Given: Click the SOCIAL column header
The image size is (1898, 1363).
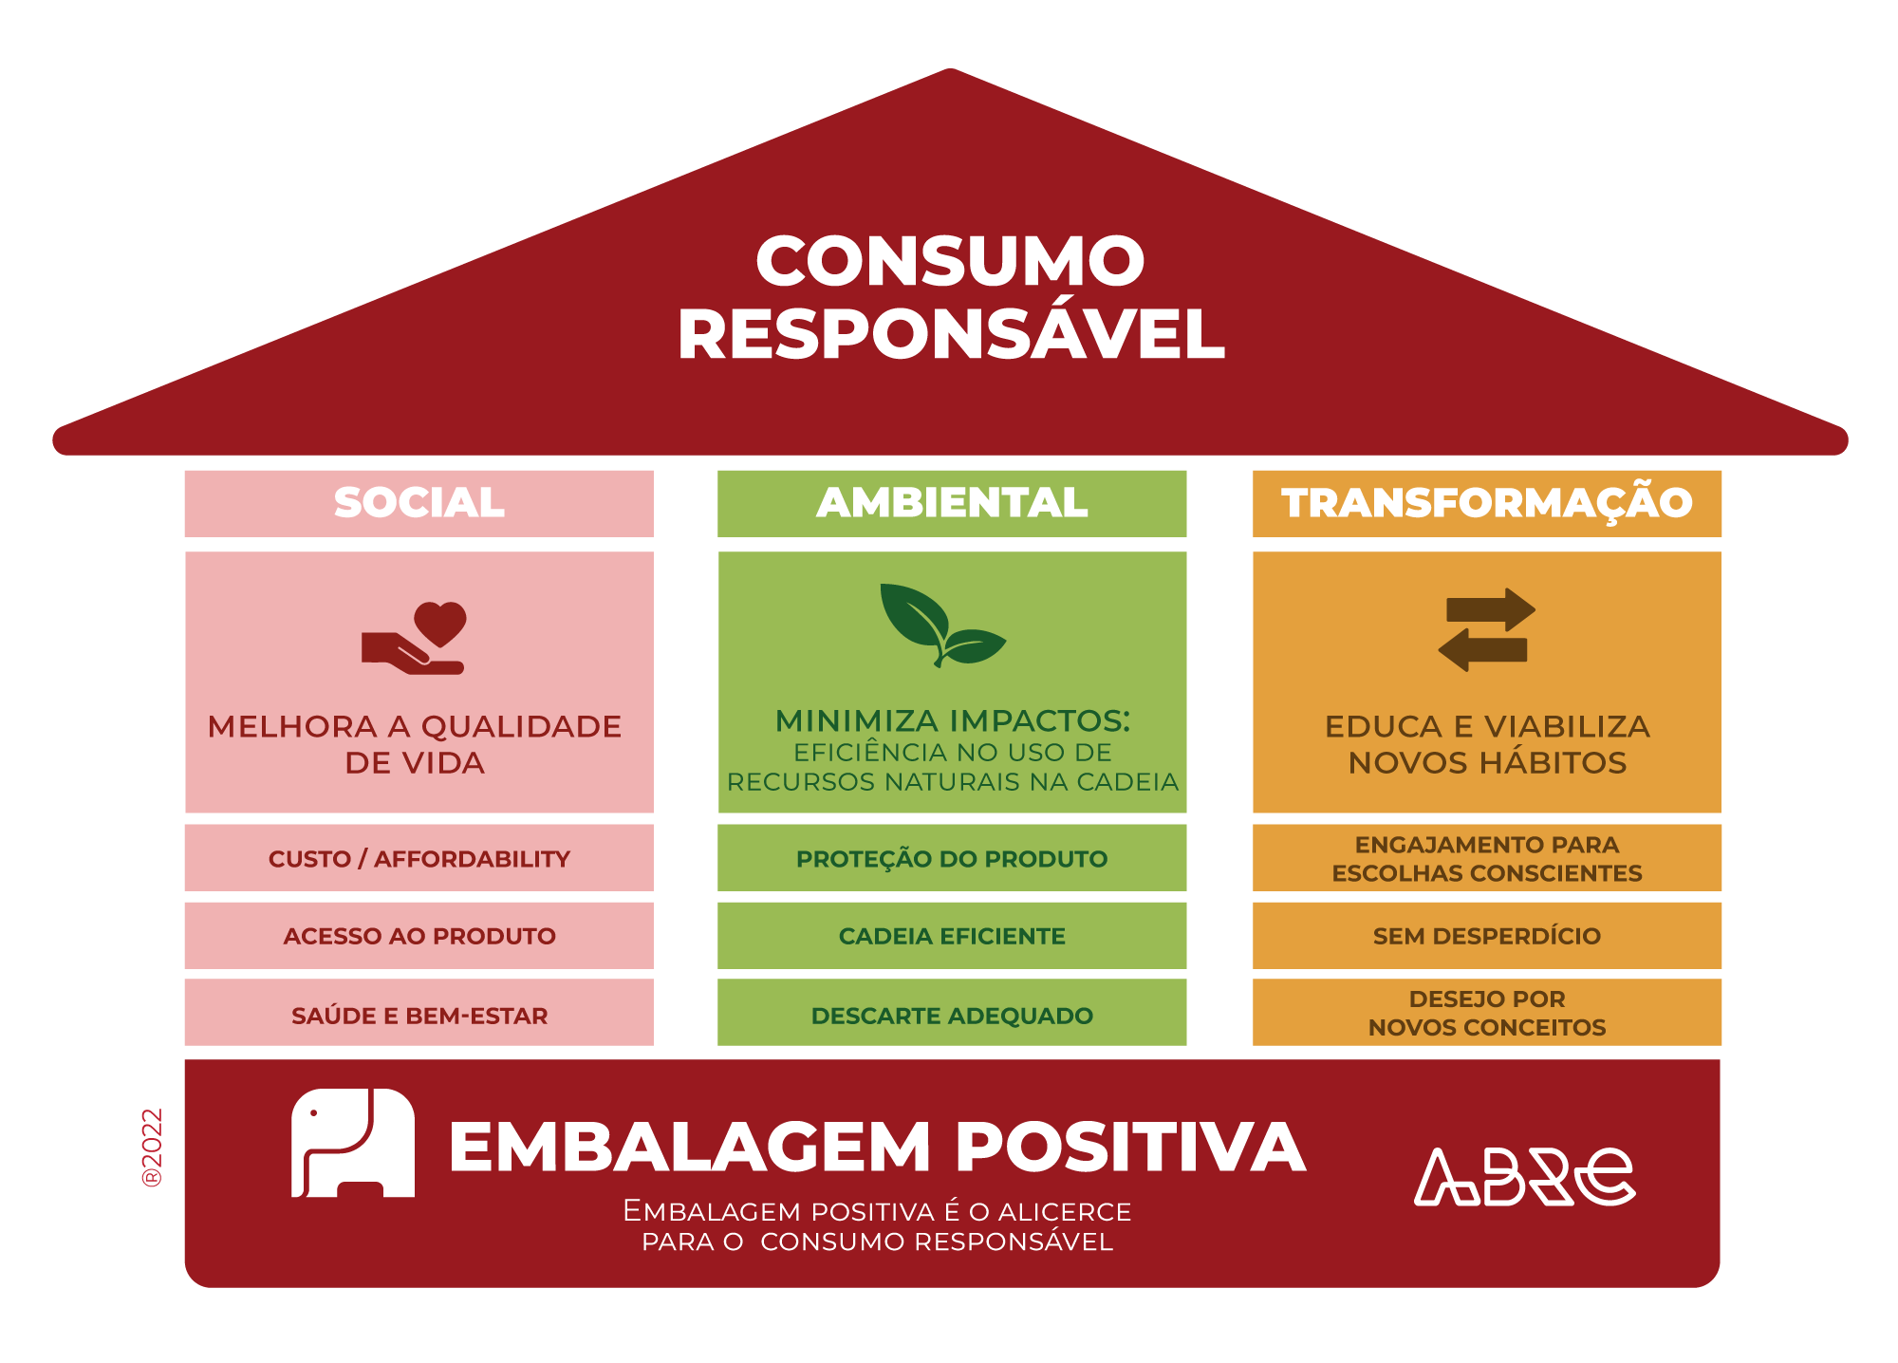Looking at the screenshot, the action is (x=419, y=503).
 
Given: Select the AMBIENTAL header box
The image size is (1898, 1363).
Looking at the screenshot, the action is (x=952, y=503).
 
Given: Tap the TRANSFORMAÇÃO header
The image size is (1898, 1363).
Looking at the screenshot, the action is (x=1487, y=503).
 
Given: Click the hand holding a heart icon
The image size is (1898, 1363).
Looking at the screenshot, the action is (x=415, y=639).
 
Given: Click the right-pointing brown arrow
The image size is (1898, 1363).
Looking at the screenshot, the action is (x=1491, y=609).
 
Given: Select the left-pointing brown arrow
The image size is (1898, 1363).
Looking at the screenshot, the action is (x=1482, y=650).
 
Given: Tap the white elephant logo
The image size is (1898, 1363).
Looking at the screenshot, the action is (x=353, y=1143).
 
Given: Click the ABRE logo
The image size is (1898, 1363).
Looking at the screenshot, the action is (x=1524, y=1177).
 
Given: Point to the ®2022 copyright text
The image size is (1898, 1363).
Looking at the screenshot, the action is (x=152, y=1148).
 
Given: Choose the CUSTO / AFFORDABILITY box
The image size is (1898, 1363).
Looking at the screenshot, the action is (x=419, y=858).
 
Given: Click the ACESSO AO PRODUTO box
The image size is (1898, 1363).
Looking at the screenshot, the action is (x=419, y=936).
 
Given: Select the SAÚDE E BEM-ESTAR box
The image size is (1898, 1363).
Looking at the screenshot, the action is (x=419, y=1013).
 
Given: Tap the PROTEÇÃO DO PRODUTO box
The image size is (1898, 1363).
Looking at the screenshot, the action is (x=952, y=858).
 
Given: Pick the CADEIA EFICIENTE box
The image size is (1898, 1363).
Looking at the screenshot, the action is (x=952, y=936).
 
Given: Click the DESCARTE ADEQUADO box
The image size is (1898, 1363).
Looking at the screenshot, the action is (x=952, y=1013).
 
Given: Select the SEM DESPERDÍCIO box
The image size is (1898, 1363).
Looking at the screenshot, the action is (x=1487, y=936).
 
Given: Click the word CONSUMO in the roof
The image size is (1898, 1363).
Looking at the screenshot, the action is (x=951, y=261).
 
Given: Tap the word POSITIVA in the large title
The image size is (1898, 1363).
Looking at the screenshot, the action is (x=1131, y=1147).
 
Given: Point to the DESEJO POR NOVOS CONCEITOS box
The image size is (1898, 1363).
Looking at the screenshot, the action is (x=1487, y=1013).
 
